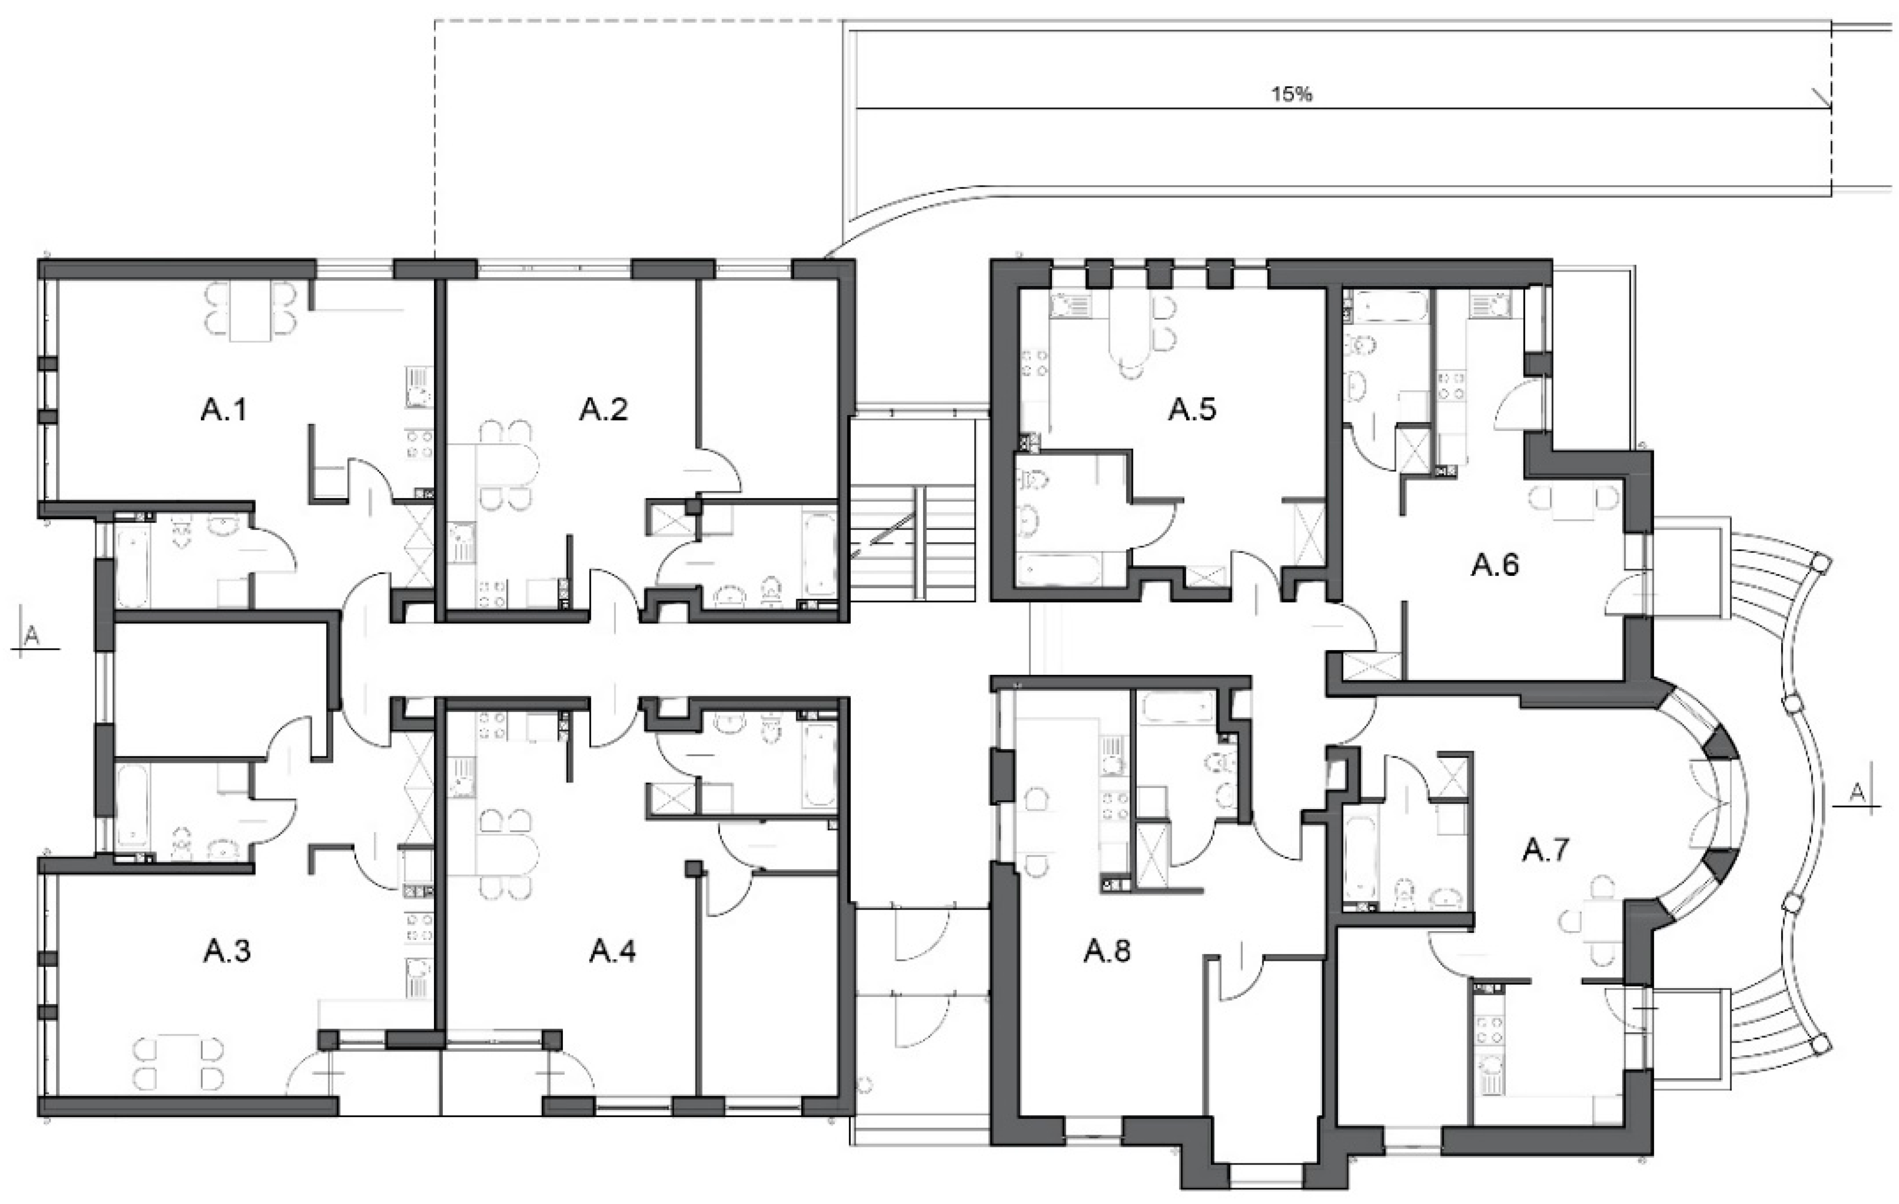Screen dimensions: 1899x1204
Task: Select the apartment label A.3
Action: click(227, 952)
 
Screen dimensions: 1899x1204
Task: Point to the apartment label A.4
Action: click(613, 952)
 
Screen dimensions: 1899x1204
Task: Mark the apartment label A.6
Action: click(1495, 565)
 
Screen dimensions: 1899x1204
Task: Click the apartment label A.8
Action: click(1107, 952)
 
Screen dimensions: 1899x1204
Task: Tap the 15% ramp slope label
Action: click(1292, 95)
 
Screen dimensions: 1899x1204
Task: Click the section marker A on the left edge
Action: click(32, 636)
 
